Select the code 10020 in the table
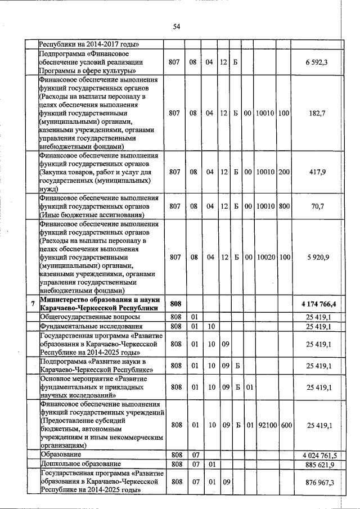pos(264,257)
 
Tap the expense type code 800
pos(283,206)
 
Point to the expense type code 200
pos(283,172)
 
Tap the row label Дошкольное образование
pos(80,464)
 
